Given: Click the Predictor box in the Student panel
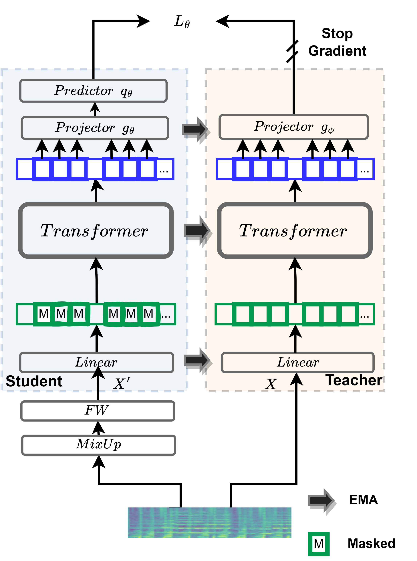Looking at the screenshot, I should click(x=93, y=91).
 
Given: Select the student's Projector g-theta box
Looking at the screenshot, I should click(x=95, y=128).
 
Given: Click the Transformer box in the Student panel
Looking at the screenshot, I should click(x=96, y=230).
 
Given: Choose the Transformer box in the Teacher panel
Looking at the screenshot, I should click(x=295, y=230).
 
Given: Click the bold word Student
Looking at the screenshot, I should click(x=34, y=381).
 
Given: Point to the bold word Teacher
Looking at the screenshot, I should click(x=353, y=380).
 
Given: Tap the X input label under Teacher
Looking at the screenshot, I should click(x=271, y=384).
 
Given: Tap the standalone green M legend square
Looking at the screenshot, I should click(x=319, y=544).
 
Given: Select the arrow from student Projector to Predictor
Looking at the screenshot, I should click(x=95, y=109).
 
